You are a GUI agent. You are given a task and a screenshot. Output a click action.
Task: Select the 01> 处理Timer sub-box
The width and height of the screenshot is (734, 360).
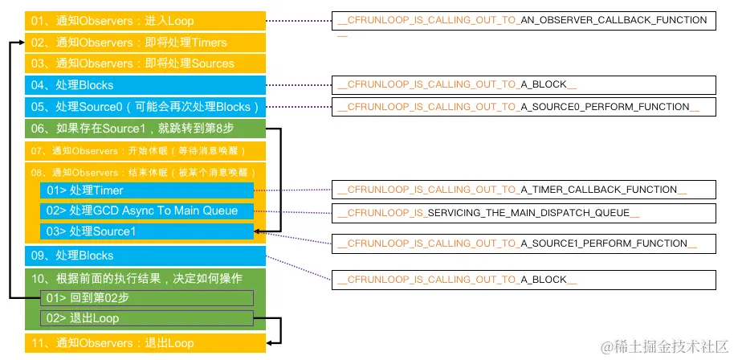(147, 190)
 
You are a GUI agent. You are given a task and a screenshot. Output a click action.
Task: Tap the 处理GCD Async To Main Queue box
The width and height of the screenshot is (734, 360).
(147, 211)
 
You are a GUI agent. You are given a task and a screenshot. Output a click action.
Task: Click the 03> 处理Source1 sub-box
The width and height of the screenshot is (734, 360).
(147, 231)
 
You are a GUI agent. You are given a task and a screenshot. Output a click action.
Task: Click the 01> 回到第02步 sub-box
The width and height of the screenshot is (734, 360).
(147, 298)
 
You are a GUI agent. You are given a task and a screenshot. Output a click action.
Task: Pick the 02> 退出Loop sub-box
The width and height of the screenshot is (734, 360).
(147, 318)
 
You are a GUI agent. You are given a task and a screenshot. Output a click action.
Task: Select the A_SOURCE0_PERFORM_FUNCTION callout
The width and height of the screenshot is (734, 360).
(523, 107)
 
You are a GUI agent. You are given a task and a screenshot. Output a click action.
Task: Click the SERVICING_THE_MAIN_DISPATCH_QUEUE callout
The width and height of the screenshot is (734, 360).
(523, 213)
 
